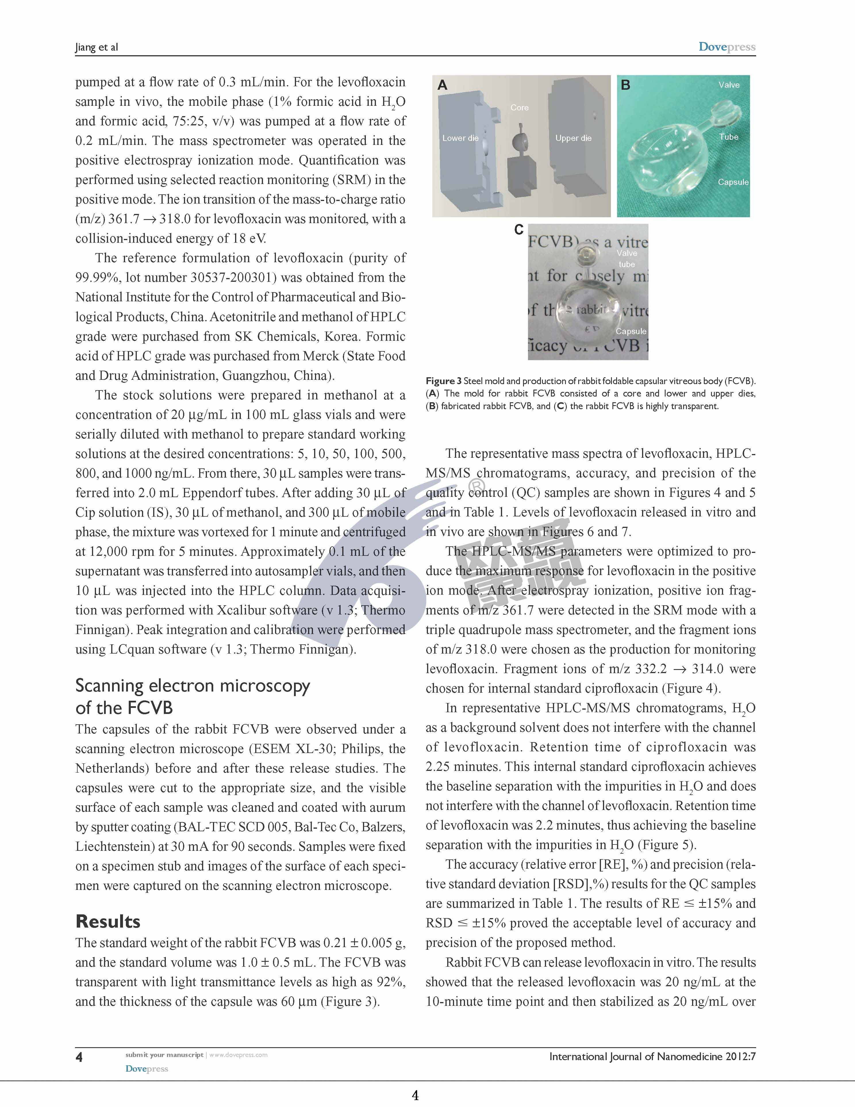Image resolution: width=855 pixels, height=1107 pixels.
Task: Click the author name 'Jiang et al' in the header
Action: [x=96, y=47]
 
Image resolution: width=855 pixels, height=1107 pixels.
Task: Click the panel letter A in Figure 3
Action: [x=442, y=85]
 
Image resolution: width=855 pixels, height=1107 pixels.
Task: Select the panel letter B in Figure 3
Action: [x=626, y=85]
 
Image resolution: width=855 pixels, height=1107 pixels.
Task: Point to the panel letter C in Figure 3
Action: [x=519, y=230]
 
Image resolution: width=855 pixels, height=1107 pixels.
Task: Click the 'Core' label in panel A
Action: [x=519, y=108]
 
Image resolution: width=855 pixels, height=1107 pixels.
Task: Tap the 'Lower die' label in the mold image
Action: [x=460, y=138]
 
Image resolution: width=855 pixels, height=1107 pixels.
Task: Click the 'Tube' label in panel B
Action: [x=728, y=137]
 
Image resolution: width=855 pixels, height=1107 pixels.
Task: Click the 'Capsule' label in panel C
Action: [x=631, y=331]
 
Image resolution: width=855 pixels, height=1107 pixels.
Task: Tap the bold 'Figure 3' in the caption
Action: [x=443, y=381]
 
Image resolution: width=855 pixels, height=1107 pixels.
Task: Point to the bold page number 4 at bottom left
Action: [x=79, y=1057]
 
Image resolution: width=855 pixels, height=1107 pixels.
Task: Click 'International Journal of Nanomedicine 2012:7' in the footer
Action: [x=652, y=1057]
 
